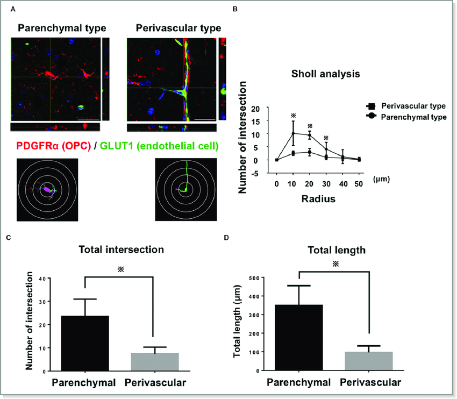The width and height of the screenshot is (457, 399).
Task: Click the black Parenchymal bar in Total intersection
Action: pyautogui.click(x=85, y=343)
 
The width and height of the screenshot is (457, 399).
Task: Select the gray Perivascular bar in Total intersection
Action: pyautogui.click(x=155, y=362)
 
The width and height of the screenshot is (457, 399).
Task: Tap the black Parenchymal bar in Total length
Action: pyautogui.click(x=299, y=338)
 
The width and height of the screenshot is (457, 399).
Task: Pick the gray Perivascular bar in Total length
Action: pyautogui.click(x=369, y=361)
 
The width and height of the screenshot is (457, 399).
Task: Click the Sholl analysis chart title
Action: pyautogui.click(x=326, y=74)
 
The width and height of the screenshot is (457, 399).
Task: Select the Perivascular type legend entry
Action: pyautogui.click(x=406, y=106)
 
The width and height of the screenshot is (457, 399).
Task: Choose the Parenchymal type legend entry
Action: pyautogui.click(x=406, y=117)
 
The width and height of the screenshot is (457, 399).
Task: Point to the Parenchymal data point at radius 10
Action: pyautogui.click(x=293, y=133)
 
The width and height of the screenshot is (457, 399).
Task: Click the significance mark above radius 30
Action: pyautogui.click(x=326, y=138)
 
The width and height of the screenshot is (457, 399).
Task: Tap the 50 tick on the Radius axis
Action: pyautogui.click(x=359, y=184)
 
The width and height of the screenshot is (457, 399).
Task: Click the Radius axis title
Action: pyautogui.click(x=318, y=199)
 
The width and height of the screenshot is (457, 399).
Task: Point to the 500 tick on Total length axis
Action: pyautogui.click(x=254, y=278)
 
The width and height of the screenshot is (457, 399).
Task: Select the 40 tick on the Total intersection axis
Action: pyautogui.click(x=42, y=279)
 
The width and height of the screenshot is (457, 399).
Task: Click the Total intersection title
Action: pyautogui.click(x=122, y=250)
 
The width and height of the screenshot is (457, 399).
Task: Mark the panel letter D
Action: pyautogui.click(x=226, y=238)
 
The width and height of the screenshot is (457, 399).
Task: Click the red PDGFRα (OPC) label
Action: pyautogui.click(x=54, y=146)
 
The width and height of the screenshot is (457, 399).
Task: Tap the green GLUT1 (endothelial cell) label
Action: pyautogui.click(x=159, y=146)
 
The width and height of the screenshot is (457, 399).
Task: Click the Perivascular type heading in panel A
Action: pyautogui.click(x=178, y=28)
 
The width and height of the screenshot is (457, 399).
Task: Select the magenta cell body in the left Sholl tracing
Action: pyautogui.click(x=47, y=189)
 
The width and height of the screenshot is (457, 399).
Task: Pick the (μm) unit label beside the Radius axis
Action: pyautogui.click(x=381, y=179)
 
